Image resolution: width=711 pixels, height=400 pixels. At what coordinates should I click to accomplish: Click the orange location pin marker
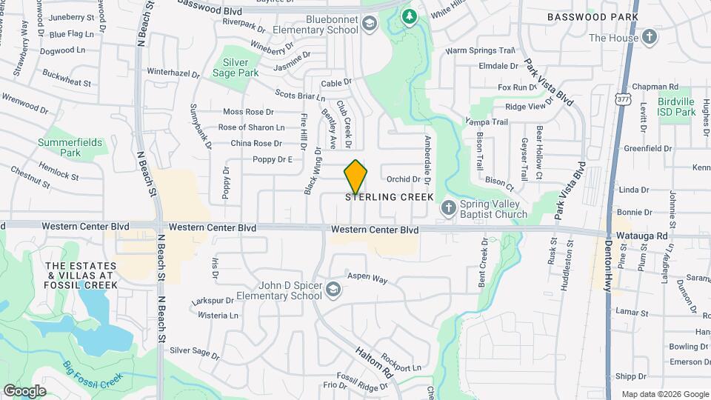tap(356, 177)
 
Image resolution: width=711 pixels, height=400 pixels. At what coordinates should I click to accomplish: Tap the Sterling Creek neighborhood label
tap(389, 197)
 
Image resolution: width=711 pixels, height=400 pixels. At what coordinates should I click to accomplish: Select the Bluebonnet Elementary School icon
tap(369, 26)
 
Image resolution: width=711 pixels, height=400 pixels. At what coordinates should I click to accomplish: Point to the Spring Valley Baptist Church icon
tap(447, 208)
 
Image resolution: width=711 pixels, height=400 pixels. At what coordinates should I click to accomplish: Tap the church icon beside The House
tap(649, 37)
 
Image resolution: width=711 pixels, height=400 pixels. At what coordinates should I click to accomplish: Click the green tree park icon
tap(409, 15)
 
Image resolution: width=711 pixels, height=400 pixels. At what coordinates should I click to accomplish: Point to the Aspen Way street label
tap(367, 279)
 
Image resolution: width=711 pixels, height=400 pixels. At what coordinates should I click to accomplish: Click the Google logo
tap(24, 390)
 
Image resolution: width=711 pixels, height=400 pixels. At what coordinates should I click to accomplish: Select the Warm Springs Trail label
tap(479, 51)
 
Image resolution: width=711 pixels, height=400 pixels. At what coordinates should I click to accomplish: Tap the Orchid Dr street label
tap(404, 179)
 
